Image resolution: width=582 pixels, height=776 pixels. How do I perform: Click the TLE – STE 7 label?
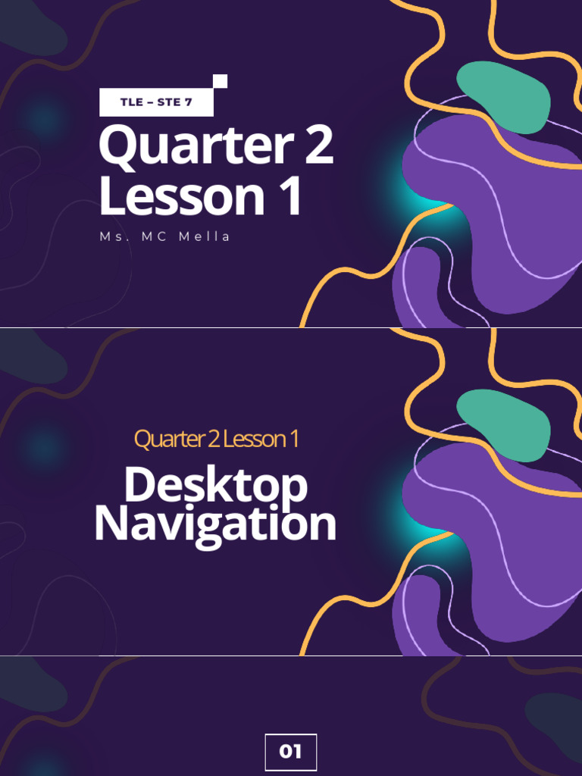tap(156, 102)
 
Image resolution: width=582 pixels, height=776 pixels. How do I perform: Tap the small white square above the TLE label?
tap(221, 81)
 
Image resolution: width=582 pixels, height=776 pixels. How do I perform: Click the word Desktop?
tap(216, 487)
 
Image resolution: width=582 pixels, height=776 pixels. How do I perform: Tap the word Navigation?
tap(215, 524)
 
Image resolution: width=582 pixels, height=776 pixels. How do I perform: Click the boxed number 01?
tap(291, 752)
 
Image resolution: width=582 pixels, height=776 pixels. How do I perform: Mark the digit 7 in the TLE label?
tap(189, 102)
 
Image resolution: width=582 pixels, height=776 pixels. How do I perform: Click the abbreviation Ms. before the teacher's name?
tap(110, 236)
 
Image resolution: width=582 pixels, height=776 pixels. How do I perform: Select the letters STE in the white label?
tap(169, 102)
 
